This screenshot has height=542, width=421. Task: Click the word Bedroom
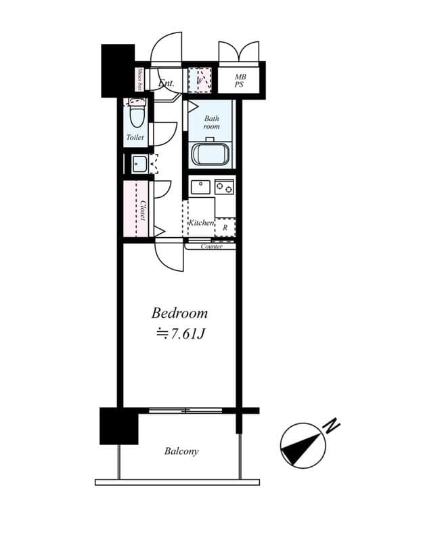(179, 313)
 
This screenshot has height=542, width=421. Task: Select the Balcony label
(181, 451)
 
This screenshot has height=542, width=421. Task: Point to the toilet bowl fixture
(137, 115)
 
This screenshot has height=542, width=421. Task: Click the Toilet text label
(135, 138)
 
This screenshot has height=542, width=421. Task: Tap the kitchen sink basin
(200, 186)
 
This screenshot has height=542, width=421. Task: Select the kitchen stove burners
(224, 186)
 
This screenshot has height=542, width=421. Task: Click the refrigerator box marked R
(225, 229)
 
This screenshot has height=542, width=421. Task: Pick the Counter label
(212, 247)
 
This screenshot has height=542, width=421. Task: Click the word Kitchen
(201, 223)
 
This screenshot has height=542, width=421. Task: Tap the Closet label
(143, 209)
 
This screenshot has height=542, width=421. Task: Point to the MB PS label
(240, 81)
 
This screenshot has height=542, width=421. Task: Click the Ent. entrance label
(167, 84)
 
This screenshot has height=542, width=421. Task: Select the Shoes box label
(139, 79)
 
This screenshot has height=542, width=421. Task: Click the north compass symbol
(303, 445)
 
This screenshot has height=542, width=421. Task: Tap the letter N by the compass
(331, 426)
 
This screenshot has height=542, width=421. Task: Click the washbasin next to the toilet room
(139, 164)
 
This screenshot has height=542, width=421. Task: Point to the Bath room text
(212, 122)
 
